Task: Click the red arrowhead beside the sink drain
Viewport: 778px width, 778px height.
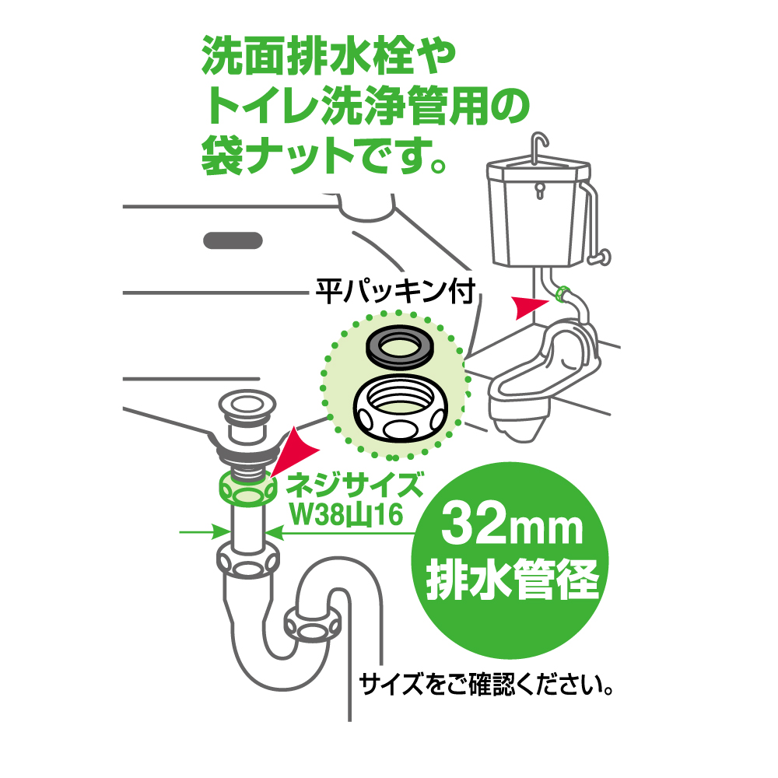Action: click(x=295, y=450)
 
